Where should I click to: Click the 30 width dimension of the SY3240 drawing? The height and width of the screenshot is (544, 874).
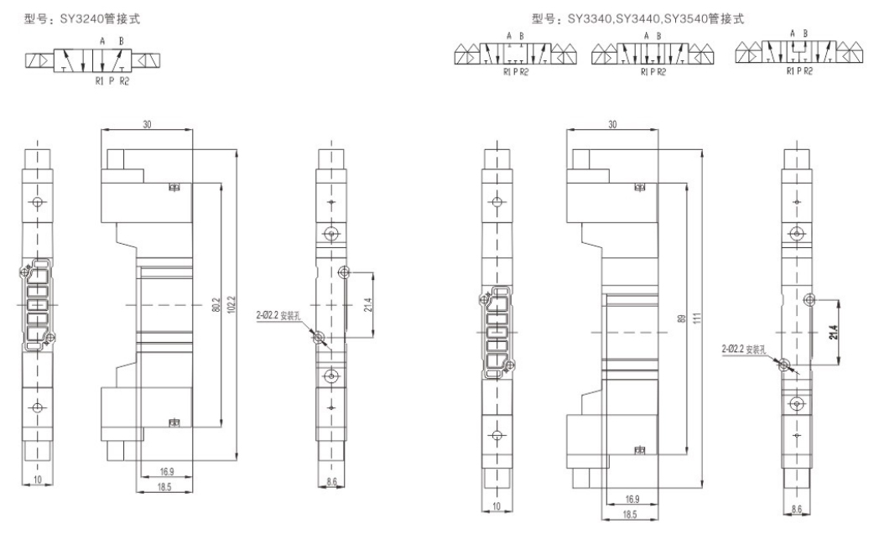click(146, 124)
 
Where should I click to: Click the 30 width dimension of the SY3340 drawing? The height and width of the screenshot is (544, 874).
click(613, 124)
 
